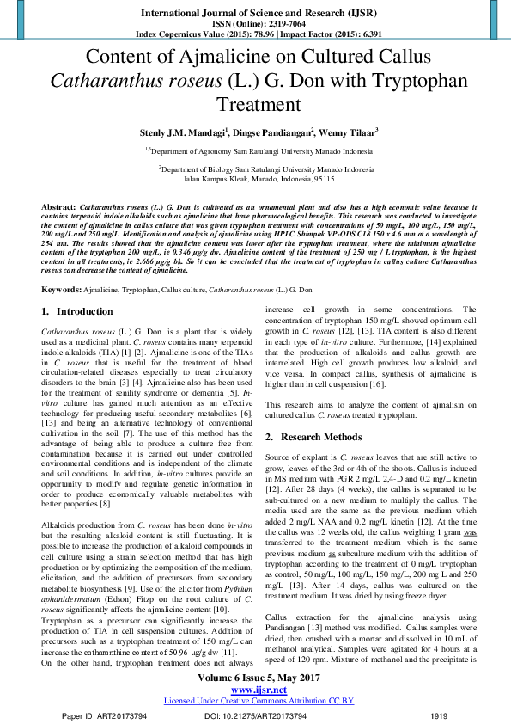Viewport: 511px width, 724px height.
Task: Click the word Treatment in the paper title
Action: tap(256, 104)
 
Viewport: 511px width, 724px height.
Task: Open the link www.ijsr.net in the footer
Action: tap(255, 690)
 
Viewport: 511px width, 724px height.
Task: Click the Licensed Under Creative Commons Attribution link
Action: tap(255, 701)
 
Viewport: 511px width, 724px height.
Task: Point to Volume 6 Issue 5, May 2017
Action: tap(255, 678)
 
